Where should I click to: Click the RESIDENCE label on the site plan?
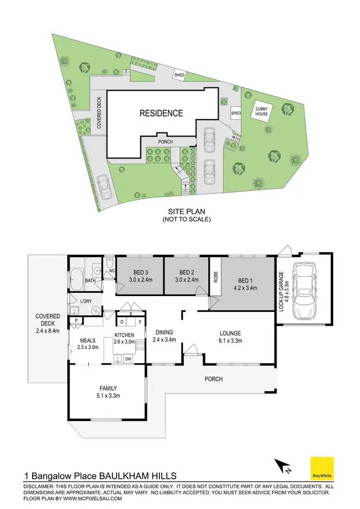(161, 113)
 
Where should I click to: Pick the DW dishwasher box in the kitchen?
(128, 358)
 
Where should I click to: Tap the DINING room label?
(164, 332)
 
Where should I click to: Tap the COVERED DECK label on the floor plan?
(48, 320)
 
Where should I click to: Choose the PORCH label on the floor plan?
(214, 379)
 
